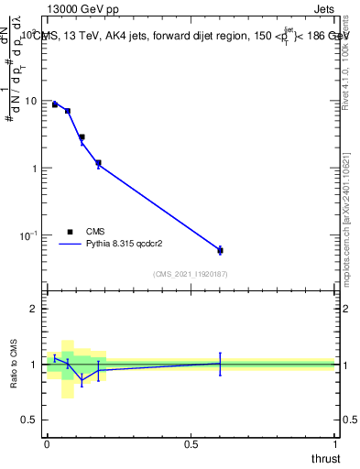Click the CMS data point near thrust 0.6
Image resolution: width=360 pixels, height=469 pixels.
point(220,250)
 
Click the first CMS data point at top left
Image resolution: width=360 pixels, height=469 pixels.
point(55,104)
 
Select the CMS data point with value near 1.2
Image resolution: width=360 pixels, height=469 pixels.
point(98,163)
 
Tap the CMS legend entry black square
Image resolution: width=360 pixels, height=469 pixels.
point(70,232)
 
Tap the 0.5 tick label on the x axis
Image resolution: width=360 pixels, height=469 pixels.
point(191,443)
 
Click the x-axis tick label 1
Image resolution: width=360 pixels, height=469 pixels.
point(335,443)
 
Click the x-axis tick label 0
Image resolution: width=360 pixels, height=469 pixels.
point(47,443)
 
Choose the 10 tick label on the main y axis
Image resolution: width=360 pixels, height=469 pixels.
point(31,101)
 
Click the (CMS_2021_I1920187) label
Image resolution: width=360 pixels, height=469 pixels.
point(191,274)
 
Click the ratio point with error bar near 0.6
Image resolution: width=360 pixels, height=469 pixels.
point(220,364)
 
